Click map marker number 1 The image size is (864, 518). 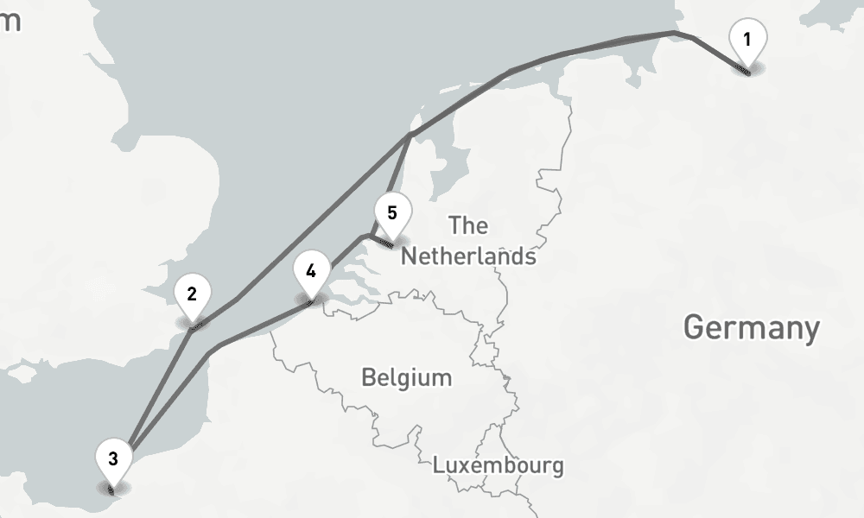[747, 41]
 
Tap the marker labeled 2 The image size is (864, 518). [192, 296]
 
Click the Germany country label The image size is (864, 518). [751, 328]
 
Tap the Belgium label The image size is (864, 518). [406, 377]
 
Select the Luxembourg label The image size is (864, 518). [498, 465]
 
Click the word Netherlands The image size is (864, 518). [468, 256]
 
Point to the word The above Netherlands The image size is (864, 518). [468, 226]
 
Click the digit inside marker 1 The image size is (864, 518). [747, 38]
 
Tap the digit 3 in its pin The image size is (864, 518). [113, 458]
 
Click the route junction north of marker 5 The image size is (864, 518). [410, 135]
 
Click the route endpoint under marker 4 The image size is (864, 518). [311, 301]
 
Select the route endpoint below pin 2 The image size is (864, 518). [194, 325]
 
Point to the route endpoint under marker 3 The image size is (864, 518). [113, 490]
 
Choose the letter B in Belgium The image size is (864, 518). [369, 377]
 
